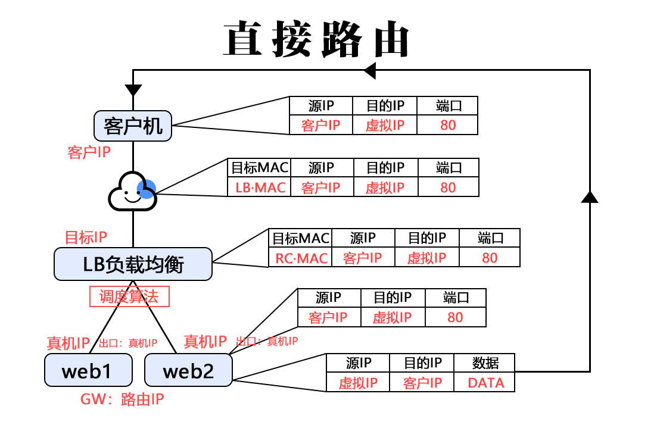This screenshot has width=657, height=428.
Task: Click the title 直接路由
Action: pos(316,40)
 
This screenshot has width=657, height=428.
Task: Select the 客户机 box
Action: pos(133,126)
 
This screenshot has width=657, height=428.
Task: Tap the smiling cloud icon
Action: pos(132,192)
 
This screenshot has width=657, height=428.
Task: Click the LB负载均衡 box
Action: pos(133,264)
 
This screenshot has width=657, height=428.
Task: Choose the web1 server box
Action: pos(88,370)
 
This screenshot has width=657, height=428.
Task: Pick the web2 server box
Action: pos(188,370)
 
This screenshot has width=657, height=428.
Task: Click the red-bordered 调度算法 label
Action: pos(129,296)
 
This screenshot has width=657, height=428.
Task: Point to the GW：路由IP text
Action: pos(122,399)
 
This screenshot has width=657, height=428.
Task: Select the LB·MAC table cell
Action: pos(260,188)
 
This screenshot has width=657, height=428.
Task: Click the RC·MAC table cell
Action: pos(301,258)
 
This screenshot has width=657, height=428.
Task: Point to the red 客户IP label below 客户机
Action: pos(89,152)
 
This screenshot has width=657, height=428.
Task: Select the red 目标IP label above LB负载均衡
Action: pos(86,238)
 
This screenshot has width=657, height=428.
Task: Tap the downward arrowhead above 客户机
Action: pos(133,90)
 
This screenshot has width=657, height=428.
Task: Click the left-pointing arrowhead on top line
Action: pos(369,70)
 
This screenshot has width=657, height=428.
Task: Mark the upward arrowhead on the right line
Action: pos(589,197)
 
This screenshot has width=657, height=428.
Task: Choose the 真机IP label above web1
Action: pos(68,343)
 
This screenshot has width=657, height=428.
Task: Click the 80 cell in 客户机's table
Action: pos(448,125)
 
